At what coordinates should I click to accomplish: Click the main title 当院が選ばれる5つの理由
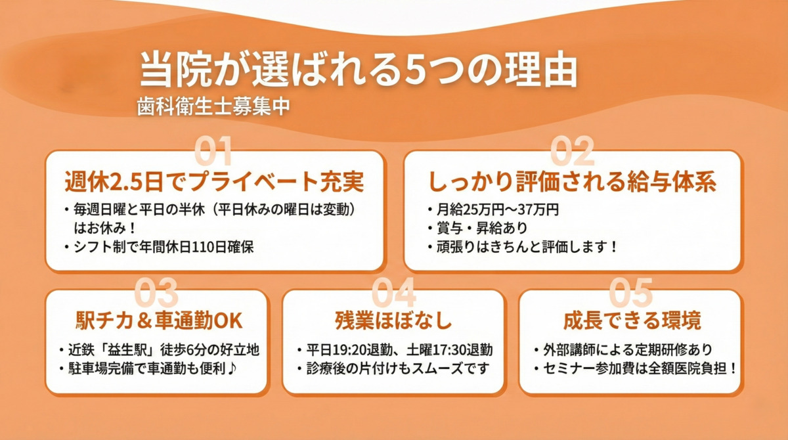pos(358,70)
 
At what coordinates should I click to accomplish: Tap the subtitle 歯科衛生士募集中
pos(213,107)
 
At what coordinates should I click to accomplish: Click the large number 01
pos(213,152)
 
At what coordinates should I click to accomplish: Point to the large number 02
pos(572,152)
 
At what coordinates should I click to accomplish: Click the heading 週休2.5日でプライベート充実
pos(215,181)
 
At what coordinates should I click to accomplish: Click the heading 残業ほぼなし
pos(393,321)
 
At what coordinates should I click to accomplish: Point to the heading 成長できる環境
pos(631,321)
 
